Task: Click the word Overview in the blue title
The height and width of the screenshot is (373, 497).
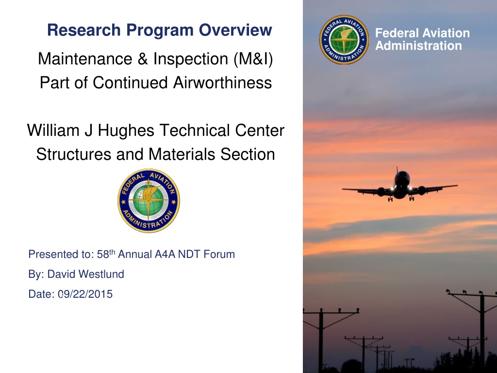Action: tap(235, 30)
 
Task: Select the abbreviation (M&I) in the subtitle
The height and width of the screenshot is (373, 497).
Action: tap(253, 59)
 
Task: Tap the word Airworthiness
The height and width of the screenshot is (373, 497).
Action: tap(222, 83)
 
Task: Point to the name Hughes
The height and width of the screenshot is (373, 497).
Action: tap(126, 130)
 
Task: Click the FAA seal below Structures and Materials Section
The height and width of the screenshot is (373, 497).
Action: tap(149, 201)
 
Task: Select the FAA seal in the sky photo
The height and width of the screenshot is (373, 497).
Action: tap(344, 40)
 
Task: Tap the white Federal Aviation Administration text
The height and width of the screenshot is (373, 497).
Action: tap(422, 39)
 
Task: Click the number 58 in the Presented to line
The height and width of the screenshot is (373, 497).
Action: tap(103, 254)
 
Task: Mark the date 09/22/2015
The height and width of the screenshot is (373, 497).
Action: tap(85, 294)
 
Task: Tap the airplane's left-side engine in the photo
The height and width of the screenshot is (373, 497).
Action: tap(381, 191)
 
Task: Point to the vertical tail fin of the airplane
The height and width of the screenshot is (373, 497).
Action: tap(397, 170)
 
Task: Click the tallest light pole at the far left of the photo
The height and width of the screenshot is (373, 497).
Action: tap(321, 340)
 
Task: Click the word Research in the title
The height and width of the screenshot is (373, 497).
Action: tap(84, 30)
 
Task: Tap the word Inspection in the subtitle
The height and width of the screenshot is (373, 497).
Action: tap(190, 59)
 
